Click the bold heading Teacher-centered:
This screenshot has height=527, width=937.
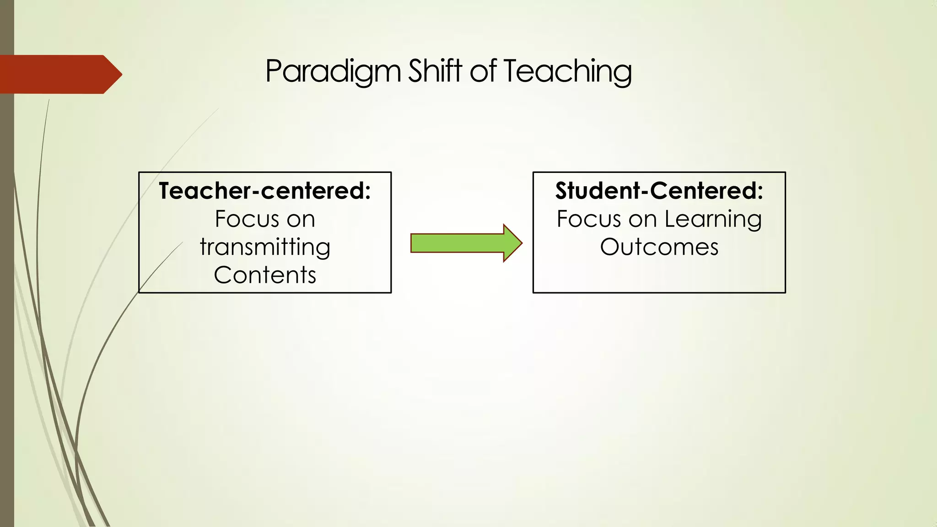(264, 191)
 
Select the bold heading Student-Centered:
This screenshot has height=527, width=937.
(659, 191)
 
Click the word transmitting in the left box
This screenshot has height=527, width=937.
(265, 247)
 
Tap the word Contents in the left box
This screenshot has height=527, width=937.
(265, 275)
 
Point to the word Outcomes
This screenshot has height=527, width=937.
(659, 247)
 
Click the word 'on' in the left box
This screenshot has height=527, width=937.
(301, 219)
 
